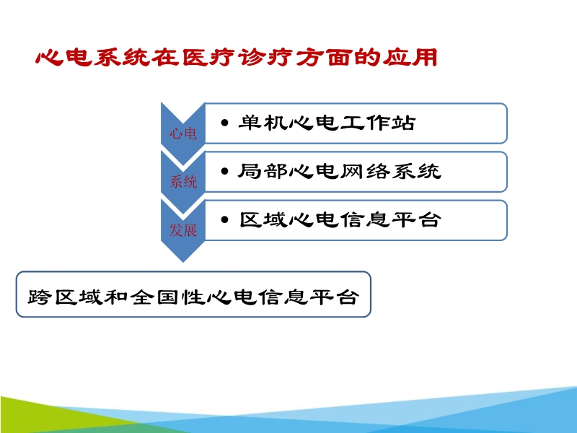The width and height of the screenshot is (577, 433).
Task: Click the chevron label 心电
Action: tap(182, 134)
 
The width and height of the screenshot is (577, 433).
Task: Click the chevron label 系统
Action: tap(182, 182)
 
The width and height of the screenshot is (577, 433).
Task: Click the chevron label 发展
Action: tap(182, 230)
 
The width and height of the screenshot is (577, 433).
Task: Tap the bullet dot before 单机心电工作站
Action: tap(226, 124)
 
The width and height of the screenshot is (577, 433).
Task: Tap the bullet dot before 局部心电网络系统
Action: tap(226, 172)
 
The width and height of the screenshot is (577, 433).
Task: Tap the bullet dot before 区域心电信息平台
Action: tap(226, 221)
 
